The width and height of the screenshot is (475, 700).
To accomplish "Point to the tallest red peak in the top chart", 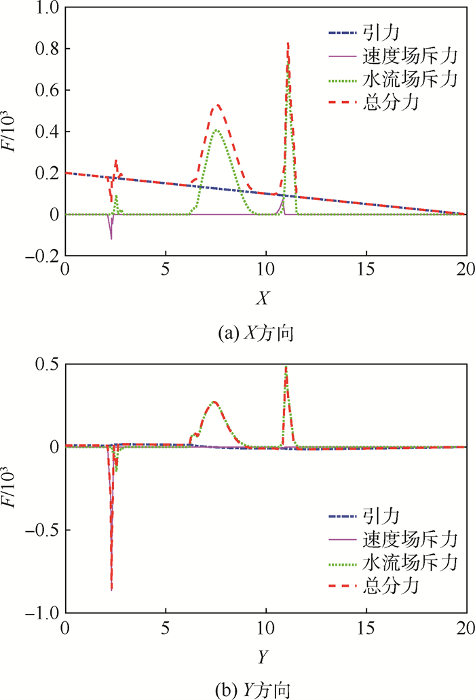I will pyautogui.click(x=288, y=43).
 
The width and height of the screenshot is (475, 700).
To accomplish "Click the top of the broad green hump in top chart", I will pyautogui.click(x=216, y=130).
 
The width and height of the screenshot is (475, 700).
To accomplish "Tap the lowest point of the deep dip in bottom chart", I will pyautogui.click(x=111, y=589).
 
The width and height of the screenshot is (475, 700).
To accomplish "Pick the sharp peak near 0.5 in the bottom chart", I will pyautogui.click(x=286, y=368).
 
